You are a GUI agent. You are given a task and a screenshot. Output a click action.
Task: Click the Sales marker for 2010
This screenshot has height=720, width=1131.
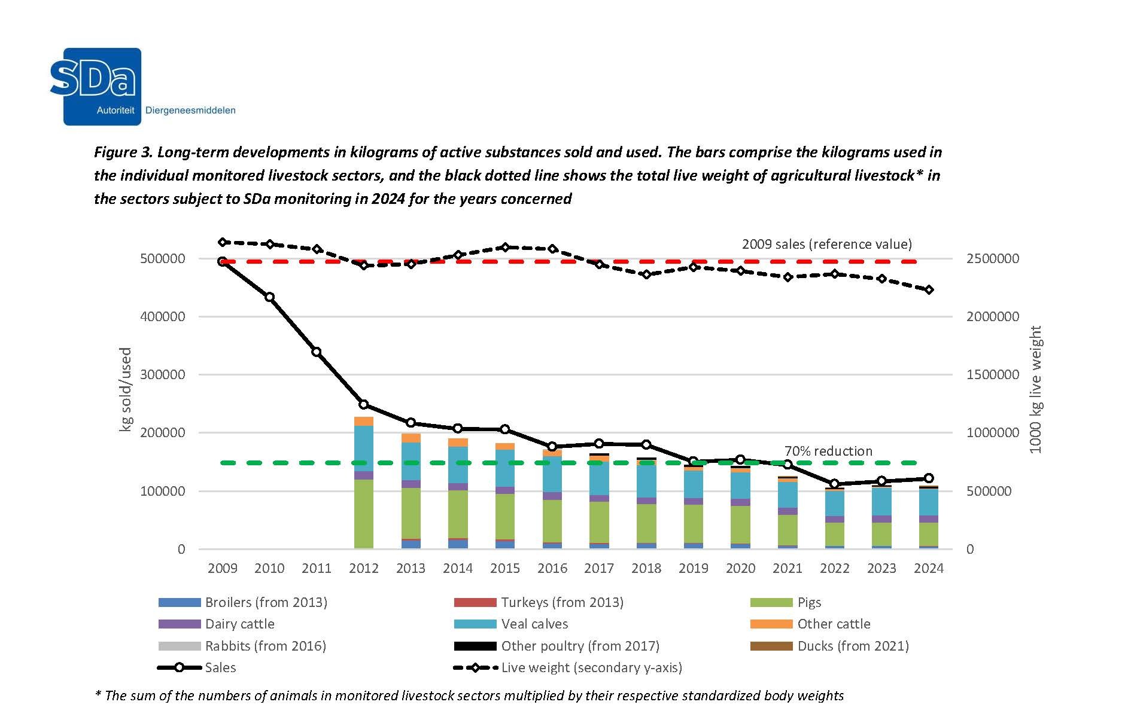[x=269, y=297]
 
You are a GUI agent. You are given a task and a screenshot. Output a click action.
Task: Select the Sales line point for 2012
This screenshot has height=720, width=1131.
[x=364, y=405]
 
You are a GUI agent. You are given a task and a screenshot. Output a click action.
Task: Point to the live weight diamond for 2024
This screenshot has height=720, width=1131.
[x=929, y=290]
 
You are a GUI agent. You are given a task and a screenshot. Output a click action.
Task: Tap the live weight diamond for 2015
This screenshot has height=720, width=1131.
[x=505, y=248]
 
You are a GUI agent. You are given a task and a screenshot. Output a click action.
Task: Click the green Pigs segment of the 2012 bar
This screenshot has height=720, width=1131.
[x=364, y=514]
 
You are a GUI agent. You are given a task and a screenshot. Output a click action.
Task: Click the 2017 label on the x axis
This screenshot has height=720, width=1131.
[x=599, y=569]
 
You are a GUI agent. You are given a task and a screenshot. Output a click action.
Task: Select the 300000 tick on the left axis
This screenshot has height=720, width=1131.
[x=163, y=375]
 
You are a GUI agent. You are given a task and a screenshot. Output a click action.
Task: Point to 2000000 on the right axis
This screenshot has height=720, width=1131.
[x=993, y=317]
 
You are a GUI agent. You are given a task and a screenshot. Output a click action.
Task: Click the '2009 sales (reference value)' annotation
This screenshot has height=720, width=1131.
[x=826, y=245]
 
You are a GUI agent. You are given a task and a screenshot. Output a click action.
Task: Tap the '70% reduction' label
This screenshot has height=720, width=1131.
[x=828, y=451]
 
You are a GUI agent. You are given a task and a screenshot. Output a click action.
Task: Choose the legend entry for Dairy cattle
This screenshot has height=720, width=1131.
[x=239, y=624]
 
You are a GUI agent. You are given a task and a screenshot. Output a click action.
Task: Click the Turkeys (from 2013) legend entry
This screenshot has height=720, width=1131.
[x=562, y=603]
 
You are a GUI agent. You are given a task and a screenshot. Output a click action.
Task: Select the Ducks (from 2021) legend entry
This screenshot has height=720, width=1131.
[x=853, y=646]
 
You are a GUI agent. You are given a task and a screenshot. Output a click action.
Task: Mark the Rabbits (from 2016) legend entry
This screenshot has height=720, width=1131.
[x=265, y=646]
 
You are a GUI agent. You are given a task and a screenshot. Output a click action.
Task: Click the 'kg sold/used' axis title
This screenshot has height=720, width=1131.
[x=126, y=389]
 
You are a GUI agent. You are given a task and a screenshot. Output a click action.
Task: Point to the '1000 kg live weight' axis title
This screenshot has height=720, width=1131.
[x=1035, y=389]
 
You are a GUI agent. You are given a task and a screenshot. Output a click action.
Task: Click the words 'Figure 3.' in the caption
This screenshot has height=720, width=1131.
[x=123, y=152]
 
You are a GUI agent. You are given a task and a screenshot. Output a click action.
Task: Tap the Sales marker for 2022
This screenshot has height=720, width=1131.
[x=835, y=484]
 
